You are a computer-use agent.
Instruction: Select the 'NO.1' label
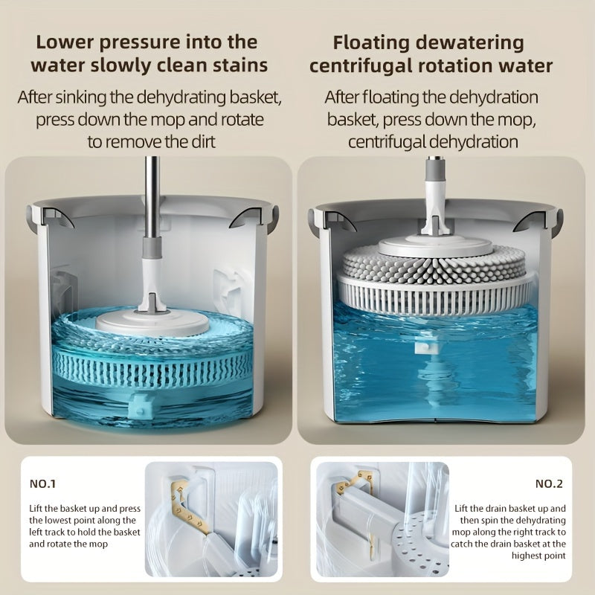[43, 484]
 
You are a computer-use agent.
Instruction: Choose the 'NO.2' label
[549, 484]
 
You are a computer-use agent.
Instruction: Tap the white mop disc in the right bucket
[434, 245]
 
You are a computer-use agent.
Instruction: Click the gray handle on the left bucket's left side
[30, 218]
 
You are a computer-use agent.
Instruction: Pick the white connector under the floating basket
[425, 344]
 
